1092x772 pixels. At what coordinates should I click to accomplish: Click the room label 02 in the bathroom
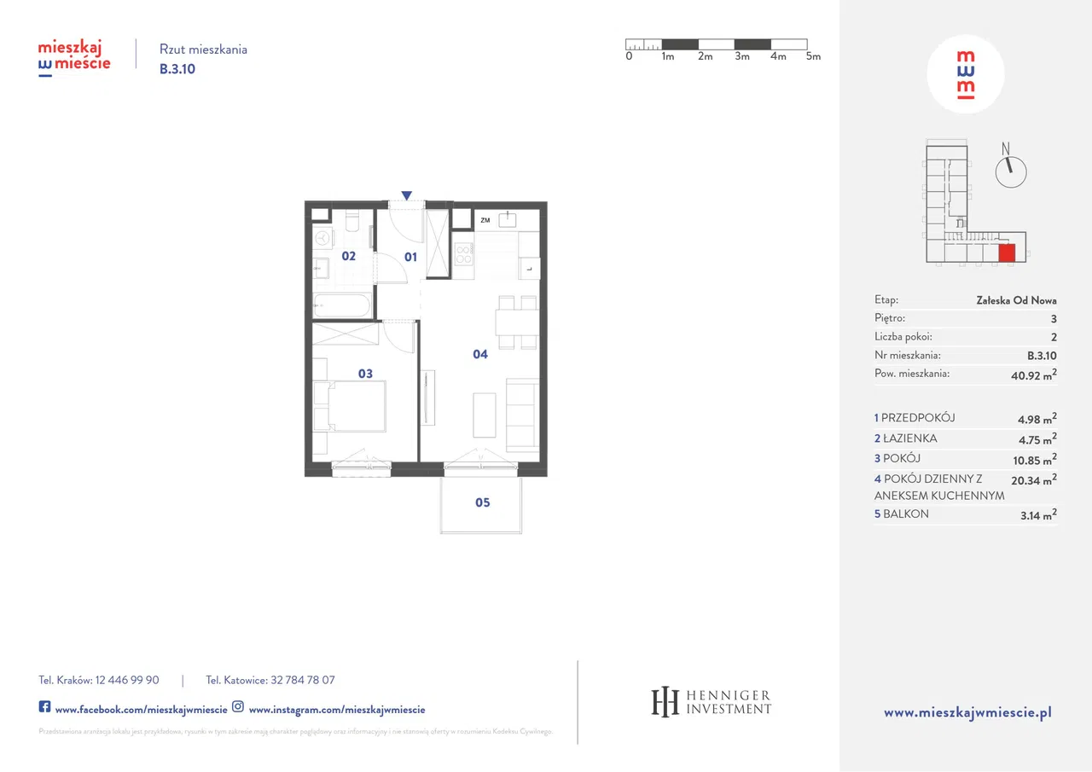(x=348, y=256)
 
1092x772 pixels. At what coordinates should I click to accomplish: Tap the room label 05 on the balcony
(x=483, y=502)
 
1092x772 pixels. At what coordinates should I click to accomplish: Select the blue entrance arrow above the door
(x=407, y=196)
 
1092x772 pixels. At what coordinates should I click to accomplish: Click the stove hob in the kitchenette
(x=464, y=254)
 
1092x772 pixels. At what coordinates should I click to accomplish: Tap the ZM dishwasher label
(x=485, y=221)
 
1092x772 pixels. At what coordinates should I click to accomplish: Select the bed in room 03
(x=350, y=405)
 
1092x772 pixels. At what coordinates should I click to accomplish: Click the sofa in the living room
(x=521, y=415)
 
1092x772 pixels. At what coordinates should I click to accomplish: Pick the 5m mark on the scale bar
(x=813, y=56)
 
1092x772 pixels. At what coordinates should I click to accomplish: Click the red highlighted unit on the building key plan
(x=1007, y=252)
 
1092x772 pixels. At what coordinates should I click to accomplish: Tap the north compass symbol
(x=1011, y=171)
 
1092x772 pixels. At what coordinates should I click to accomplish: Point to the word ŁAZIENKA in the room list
(x=909, y=438)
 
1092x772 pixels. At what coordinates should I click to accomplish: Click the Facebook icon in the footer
(x=44, y=707)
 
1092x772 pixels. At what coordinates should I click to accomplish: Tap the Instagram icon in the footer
(x=238, y=707)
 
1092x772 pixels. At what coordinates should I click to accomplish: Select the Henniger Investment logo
(x=711, y=702)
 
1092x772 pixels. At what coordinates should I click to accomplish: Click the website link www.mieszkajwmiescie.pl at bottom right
(x=967, y=712)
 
